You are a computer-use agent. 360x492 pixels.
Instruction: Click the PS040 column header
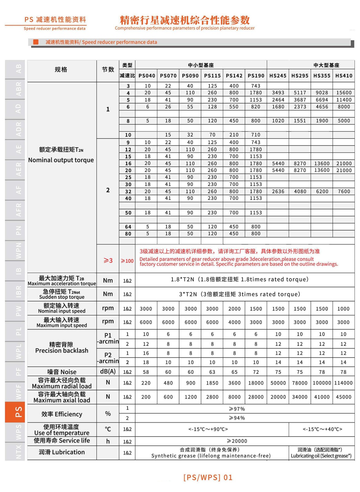point(147,76)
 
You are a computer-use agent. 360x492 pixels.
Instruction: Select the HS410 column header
point(344,76)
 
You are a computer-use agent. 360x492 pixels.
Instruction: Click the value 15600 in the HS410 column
point(344,93)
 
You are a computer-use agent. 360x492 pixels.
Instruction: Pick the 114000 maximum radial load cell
point(343,383)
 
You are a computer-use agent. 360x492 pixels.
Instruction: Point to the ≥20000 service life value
point(237,441)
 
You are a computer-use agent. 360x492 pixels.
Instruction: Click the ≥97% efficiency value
point(237,409)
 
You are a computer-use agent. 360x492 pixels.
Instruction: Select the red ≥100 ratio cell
point(127,261)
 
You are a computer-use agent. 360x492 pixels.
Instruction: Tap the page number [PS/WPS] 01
point(208,477)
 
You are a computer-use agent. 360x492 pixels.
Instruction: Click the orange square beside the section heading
point(36,42)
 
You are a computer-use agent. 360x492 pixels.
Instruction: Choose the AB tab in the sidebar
point(15,69)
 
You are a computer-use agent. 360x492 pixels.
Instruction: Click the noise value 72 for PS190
point(256,372)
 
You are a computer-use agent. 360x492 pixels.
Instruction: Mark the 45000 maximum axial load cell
point(343,397)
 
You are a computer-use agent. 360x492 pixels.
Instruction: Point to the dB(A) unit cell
point(108,371)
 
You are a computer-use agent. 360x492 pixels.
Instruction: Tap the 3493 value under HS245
point(278,93)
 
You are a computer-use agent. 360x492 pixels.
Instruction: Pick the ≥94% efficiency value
point(237,418)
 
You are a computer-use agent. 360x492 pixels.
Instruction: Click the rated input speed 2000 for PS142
point(234,309)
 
